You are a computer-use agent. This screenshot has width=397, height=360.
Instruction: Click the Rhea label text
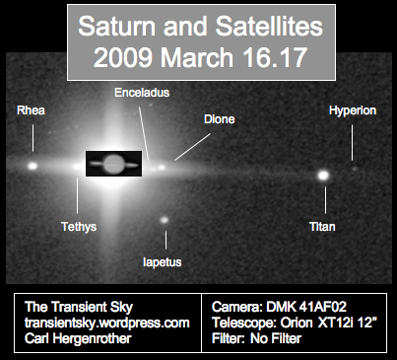click(32, 110)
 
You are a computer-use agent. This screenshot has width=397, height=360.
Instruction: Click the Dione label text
click(219, 119)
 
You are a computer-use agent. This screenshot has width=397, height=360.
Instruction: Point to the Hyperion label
click(352, 110)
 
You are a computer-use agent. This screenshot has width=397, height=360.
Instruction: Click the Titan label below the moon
click(322, 227)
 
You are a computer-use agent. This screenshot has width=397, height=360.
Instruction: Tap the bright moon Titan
click(322, 176)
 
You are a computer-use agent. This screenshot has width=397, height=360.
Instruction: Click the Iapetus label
click(163, 262)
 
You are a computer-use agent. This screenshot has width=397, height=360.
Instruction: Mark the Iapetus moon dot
click(165, 220)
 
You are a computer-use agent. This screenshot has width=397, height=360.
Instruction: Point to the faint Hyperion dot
click(355, 168)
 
